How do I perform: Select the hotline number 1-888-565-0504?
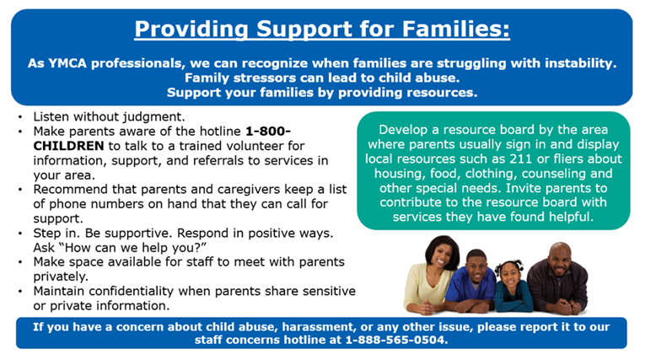click(x=395, y=341)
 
